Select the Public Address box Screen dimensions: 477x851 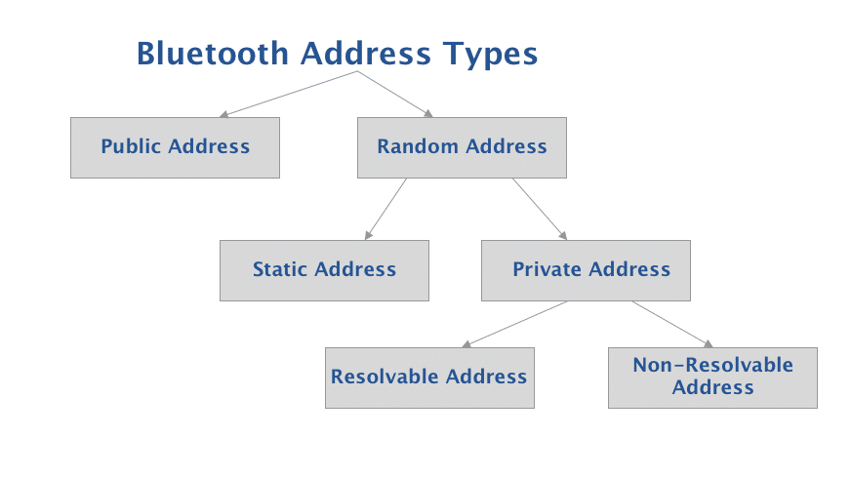click(x=175, y=147)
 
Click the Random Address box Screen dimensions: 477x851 click(x=462, y=147)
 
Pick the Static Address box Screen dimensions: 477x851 click(x=324, y=270)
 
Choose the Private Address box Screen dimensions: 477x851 click(x=586, y=270)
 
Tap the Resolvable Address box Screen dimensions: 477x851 click(x=429, y=378)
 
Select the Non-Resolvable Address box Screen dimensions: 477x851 click(x=712, y=378)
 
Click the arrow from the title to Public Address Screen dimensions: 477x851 click(x=289, y=94)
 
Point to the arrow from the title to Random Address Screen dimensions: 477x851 click(x=394, y=94)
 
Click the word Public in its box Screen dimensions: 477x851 click(x=132, y=147)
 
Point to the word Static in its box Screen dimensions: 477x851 click(x=280, y=270)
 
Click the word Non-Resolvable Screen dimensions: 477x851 click(x=712, y=366)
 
